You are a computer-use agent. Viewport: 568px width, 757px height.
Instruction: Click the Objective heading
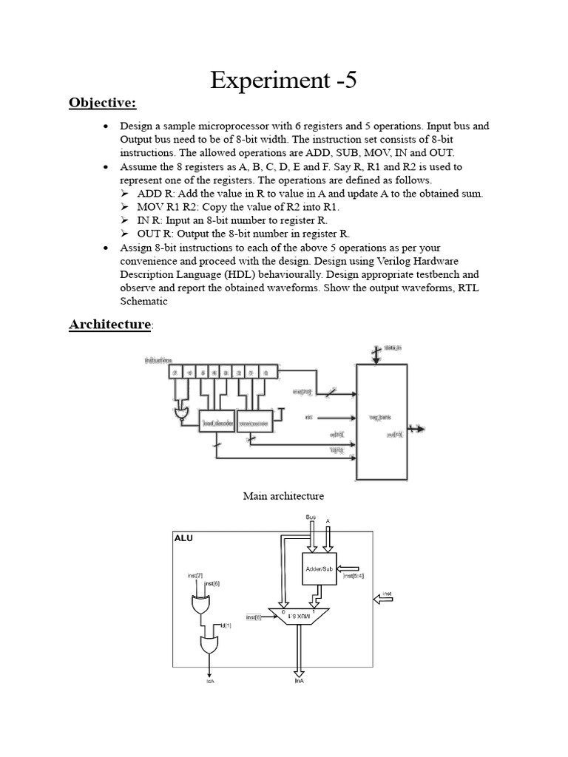(103, 102)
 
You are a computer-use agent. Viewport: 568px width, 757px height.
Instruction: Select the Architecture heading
(109, 325)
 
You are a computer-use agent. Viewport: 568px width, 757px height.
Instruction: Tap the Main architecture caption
(283, 495)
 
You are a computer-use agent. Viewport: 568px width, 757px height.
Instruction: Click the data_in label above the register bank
(392, 347)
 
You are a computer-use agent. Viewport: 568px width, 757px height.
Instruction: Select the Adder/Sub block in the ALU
(319, 568)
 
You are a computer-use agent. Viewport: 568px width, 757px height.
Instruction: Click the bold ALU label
(183, 539)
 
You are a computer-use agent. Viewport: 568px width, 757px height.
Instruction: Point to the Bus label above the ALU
(311, 516)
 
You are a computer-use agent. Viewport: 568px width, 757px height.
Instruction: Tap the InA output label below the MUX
(299, 680)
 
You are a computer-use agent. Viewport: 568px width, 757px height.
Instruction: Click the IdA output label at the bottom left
(210, 680)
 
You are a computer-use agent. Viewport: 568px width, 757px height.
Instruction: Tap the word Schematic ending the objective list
(143, 302)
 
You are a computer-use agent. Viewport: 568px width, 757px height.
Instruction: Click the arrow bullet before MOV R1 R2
(126, 207)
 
